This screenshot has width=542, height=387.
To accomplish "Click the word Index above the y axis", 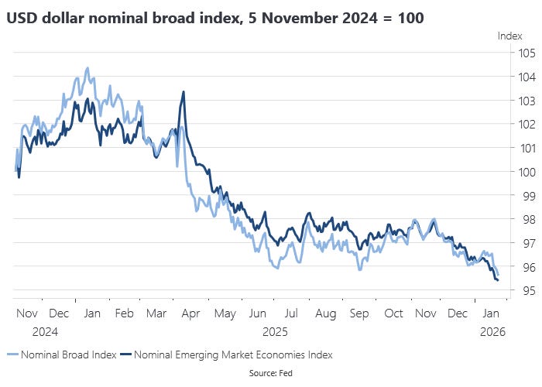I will (509, 36).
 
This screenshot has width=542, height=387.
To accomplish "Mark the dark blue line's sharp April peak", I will (183, 92).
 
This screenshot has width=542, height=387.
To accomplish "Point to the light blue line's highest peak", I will (87, 68).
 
